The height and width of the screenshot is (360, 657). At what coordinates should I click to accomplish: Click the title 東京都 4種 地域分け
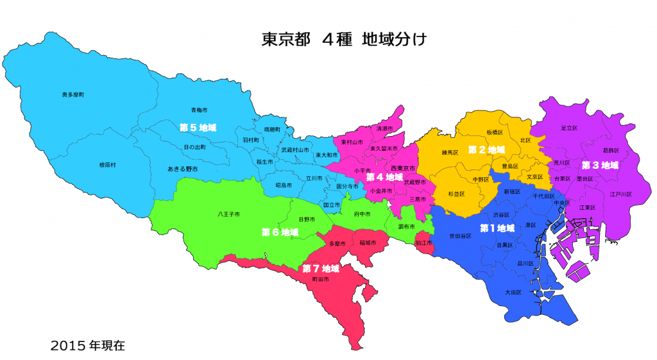click(344, 39)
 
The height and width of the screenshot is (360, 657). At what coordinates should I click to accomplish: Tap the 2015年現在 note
click(89, 345)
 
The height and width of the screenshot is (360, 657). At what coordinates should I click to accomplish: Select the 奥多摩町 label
click(73, 94)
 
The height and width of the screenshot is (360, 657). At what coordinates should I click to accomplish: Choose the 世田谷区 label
click(461, 236)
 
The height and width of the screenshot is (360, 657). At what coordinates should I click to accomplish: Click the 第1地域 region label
click(497, 228)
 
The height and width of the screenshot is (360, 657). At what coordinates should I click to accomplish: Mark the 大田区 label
click(513, 292)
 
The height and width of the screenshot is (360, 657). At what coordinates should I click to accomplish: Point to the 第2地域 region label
click(486, 150)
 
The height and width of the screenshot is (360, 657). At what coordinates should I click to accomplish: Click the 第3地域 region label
click(601, 165)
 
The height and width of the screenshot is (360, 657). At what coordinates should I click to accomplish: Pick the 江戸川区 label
click(621, 194)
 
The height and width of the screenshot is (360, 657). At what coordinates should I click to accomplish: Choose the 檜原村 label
click(108, 165)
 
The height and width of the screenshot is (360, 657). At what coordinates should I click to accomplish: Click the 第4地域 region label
click(385, 176)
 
